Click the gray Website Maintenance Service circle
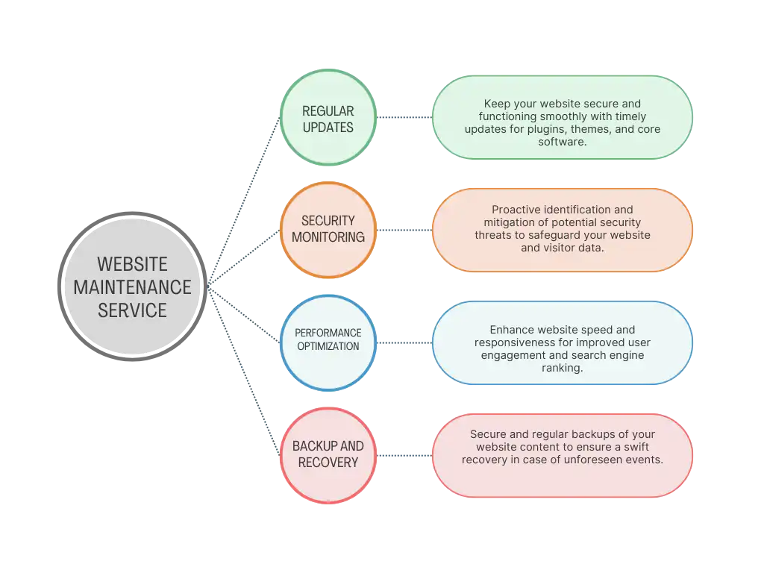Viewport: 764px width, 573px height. pyautogui.click(x=132, y=286)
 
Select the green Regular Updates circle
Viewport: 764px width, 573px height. pyautogui.click(x=328, y=119)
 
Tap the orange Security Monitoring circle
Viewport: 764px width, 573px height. pyautogui.click(x=328, y=229)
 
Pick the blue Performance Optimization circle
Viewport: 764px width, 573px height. pyautogui.click(x=328, y=342)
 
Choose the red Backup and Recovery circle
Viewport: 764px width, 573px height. pyautogui.click(x=328, y=455)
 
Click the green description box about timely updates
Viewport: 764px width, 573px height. pyautogui.click(x=562, y=118)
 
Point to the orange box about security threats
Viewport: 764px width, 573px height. pyautogui.click(x=562, y=230)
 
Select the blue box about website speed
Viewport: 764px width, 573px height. pyautogui.click(x=562, y=343)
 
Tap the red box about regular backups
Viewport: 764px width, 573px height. pyautogui.click(x=562, y=456)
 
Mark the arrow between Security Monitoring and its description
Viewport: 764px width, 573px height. pyautogui.click(x=403, y=230)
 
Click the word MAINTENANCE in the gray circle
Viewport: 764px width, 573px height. pyautogui.click(x=132, y=286)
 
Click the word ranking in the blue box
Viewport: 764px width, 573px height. pyautogui.click(x=562, y=368)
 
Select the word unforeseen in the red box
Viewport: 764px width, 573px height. pyautogui.click(x=600, y=460)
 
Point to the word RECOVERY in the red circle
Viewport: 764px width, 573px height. pyautogui.click(x=328, y=463)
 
